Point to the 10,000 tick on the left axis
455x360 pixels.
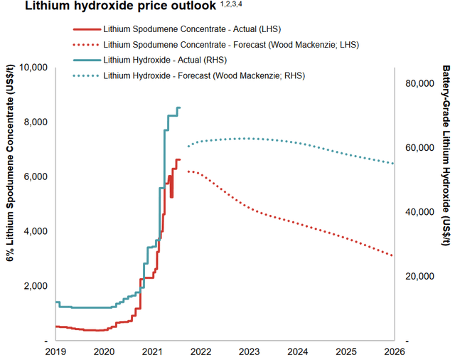pos(31,68)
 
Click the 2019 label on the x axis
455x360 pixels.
pos(55,351)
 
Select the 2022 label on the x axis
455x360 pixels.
pos(200,351)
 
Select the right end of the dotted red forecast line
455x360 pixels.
pos(392,256)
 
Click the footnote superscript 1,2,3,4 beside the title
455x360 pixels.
pos(231,5)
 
